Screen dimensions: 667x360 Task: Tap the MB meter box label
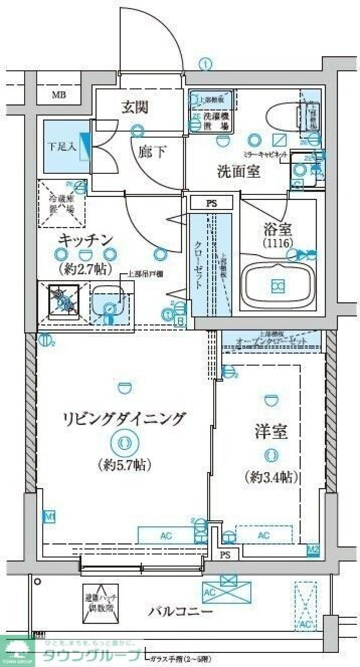tap(58, 95)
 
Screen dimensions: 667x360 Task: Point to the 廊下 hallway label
tap(153, 152)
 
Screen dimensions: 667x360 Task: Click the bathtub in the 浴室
tap(277, 286)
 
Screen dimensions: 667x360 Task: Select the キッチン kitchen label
tap(86, 241)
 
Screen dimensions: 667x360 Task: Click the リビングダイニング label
tap(126, 419)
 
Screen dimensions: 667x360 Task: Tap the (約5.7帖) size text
tap(125, 464)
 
